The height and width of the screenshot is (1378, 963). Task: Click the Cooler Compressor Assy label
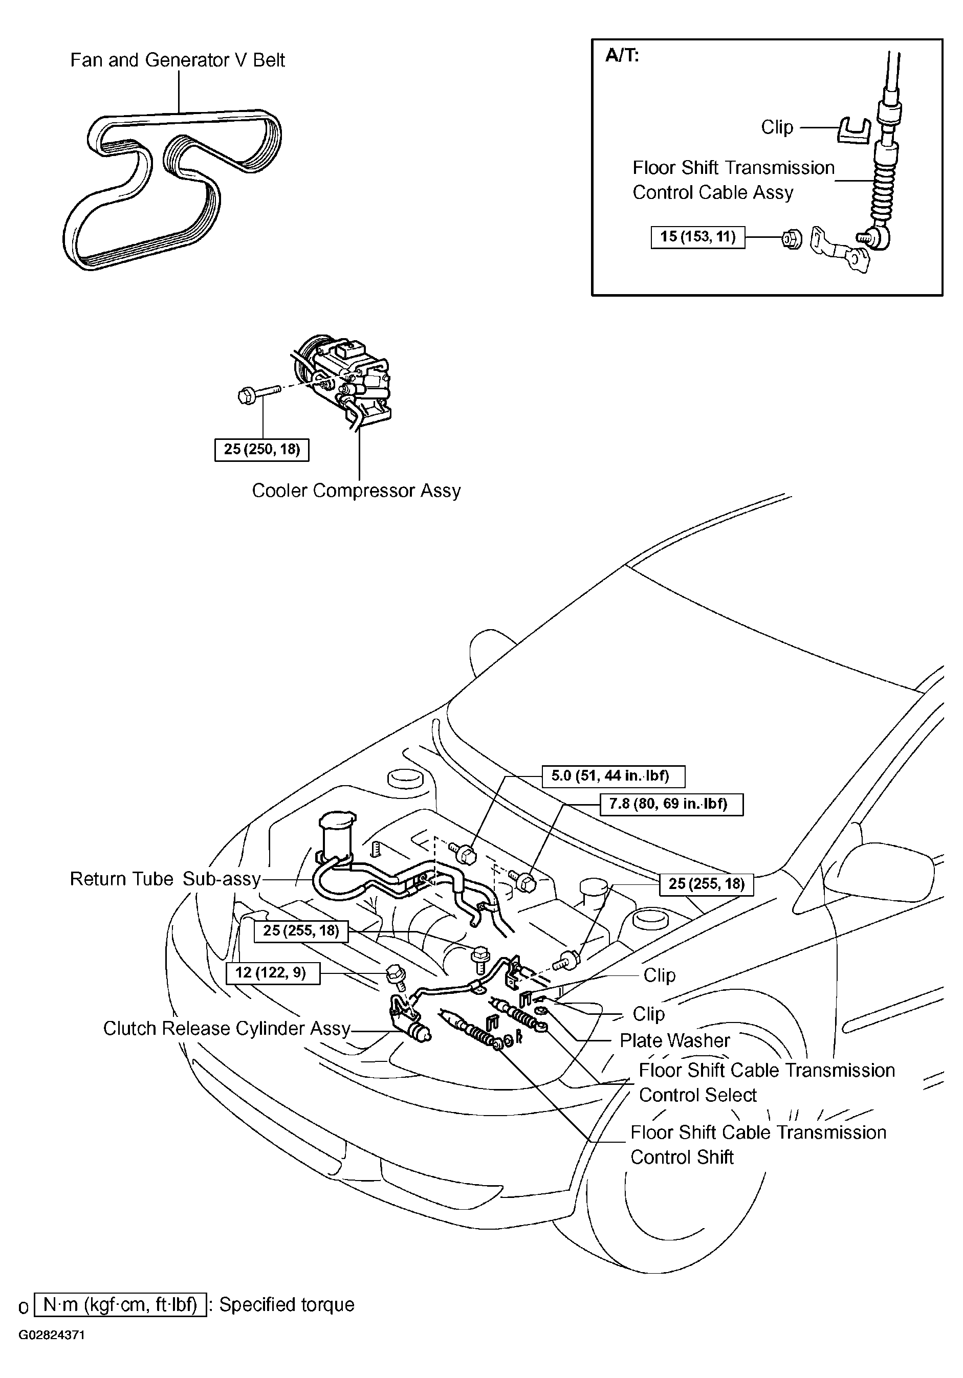[356, 491]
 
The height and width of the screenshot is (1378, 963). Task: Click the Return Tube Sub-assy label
[165, 879]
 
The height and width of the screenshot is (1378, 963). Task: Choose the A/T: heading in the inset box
[622, 56]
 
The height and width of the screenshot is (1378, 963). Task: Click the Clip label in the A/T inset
[777, 127]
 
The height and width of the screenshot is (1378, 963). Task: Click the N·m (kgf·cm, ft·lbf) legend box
[120, 1305]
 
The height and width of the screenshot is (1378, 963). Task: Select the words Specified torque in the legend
[287, 1305]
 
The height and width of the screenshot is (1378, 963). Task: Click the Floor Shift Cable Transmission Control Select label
[766, 1083]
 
